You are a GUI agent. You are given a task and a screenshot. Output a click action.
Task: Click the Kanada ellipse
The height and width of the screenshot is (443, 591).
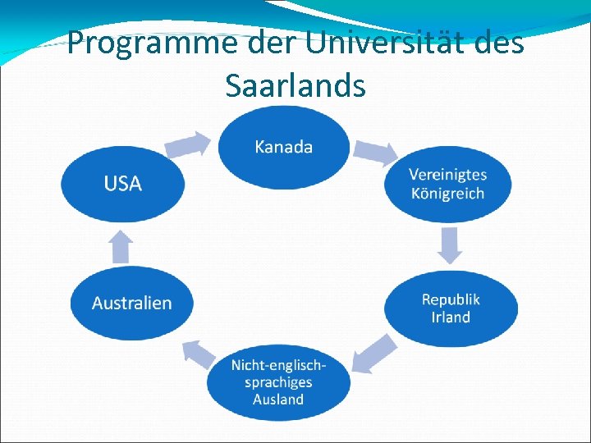[x=283, y=148]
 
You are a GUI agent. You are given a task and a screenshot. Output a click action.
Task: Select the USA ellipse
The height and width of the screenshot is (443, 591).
[x=122, y=183]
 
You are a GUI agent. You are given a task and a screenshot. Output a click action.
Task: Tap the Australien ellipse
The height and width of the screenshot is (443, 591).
[x=131, y=303]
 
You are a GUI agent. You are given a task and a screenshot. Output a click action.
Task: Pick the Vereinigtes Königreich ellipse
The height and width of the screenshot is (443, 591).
[x=447, y=184]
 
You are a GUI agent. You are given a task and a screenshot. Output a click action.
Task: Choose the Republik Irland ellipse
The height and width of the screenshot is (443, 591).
[x=451, y=308]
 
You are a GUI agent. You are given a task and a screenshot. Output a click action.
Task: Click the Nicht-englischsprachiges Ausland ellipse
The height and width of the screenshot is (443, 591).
[x=278, y=381]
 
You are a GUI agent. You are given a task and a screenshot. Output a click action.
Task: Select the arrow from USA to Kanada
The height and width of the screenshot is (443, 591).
[x=186, y=145]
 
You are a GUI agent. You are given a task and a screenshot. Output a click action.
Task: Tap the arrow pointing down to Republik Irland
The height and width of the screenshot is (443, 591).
[x=450, y=244]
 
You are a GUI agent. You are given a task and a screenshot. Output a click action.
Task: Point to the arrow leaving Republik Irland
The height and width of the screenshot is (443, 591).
[x=373, y=354]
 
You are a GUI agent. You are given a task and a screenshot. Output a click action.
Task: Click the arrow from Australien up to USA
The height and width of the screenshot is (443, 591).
[x=121, y=245]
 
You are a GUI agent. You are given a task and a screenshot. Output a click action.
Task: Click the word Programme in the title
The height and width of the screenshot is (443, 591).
[x=145, y=43]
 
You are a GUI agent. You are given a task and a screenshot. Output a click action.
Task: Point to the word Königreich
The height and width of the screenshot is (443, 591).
[x=447, y=194]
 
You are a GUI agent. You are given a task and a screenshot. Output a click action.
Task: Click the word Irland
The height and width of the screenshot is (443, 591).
[x=451, y=317]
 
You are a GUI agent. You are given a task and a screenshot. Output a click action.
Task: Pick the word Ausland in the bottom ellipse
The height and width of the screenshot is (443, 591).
[x=278, y=400]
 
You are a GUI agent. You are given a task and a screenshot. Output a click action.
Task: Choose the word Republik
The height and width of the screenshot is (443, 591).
[x=451, y=299]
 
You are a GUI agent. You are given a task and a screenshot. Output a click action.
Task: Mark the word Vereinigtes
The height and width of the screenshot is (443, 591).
[x=447, y=174]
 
